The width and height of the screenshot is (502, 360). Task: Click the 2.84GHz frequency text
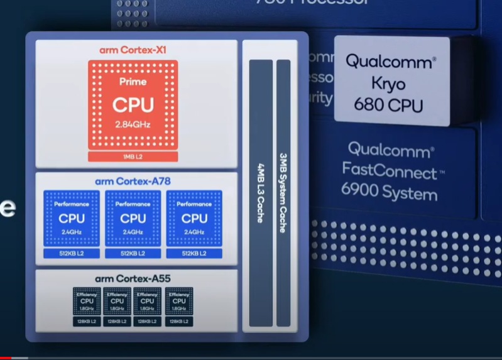click(x=133, y=126)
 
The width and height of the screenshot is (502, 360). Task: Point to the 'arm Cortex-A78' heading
click(x=133, y=182)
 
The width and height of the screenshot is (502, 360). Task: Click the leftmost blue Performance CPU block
click(x=72, y=218)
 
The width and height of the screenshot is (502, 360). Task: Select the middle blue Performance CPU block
click(x=133, y=218)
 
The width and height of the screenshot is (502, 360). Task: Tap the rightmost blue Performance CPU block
click(x=194, y=218)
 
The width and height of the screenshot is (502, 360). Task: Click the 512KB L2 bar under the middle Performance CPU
click(x=133, y=253)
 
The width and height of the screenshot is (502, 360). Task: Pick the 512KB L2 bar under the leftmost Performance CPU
click(x=72, y=253)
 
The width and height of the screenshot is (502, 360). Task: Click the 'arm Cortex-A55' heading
click(x=133, y=278)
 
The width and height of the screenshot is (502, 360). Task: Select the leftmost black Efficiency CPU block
click(x=86, y=301)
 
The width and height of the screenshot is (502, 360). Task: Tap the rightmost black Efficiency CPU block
click(x=179, y=301)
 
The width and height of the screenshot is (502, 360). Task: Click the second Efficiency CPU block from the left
click(x=117, y=301)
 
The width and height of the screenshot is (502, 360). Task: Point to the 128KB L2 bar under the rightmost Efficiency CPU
click(x=179, y=322)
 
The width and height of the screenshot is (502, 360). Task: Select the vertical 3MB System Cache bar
click(x=283, y=193)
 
